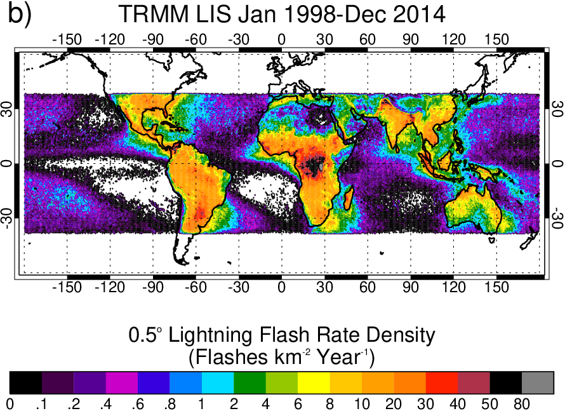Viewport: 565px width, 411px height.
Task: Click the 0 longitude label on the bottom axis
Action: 281,286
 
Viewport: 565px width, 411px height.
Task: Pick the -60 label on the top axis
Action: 196,39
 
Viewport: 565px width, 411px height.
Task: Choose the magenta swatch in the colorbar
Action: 122,382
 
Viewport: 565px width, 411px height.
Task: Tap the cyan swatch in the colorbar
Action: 218,382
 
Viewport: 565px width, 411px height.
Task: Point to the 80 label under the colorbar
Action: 522,403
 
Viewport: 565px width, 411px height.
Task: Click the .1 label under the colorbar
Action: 41,403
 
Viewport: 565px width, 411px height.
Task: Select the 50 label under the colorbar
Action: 489,403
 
